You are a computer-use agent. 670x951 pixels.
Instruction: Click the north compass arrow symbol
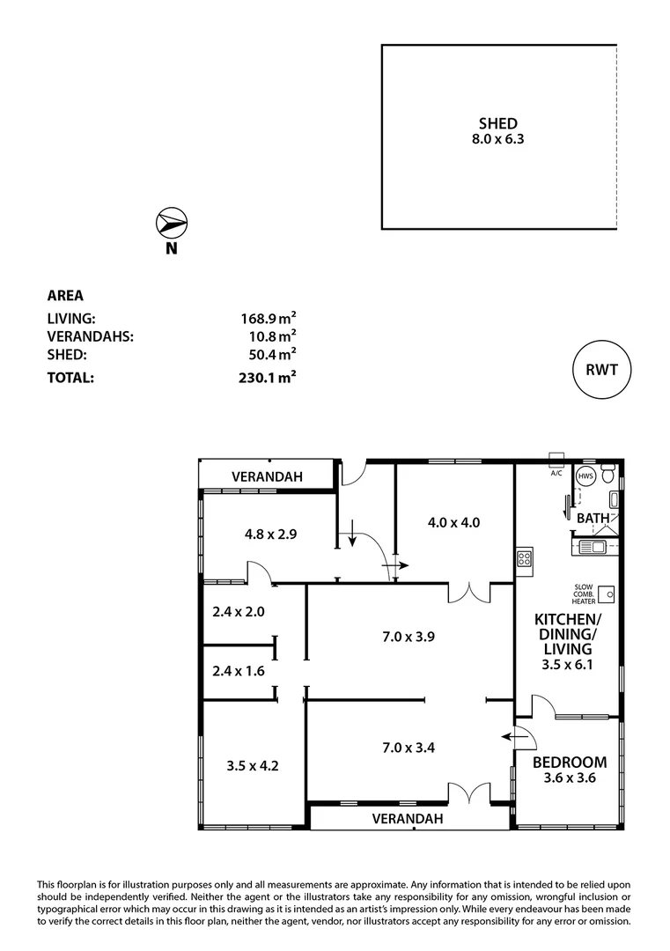171,222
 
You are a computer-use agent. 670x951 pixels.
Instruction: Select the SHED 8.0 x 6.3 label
498,130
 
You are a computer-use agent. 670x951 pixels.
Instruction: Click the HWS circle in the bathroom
585,475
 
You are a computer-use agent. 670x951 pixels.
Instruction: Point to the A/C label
556,473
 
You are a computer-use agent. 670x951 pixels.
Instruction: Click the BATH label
593,518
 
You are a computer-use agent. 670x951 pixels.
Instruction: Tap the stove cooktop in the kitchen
524,558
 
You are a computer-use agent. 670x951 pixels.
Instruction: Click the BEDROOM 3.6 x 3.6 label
570,770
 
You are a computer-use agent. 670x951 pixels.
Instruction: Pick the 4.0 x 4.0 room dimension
453,521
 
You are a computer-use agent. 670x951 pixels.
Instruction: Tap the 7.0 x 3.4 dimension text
409,748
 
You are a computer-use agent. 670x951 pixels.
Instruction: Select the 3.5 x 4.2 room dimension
253,765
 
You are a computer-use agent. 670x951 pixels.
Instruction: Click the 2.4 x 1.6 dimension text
239,670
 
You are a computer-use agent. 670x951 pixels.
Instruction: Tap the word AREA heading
64,296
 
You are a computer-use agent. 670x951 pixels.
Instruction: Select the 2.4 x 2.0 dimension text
239,611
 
